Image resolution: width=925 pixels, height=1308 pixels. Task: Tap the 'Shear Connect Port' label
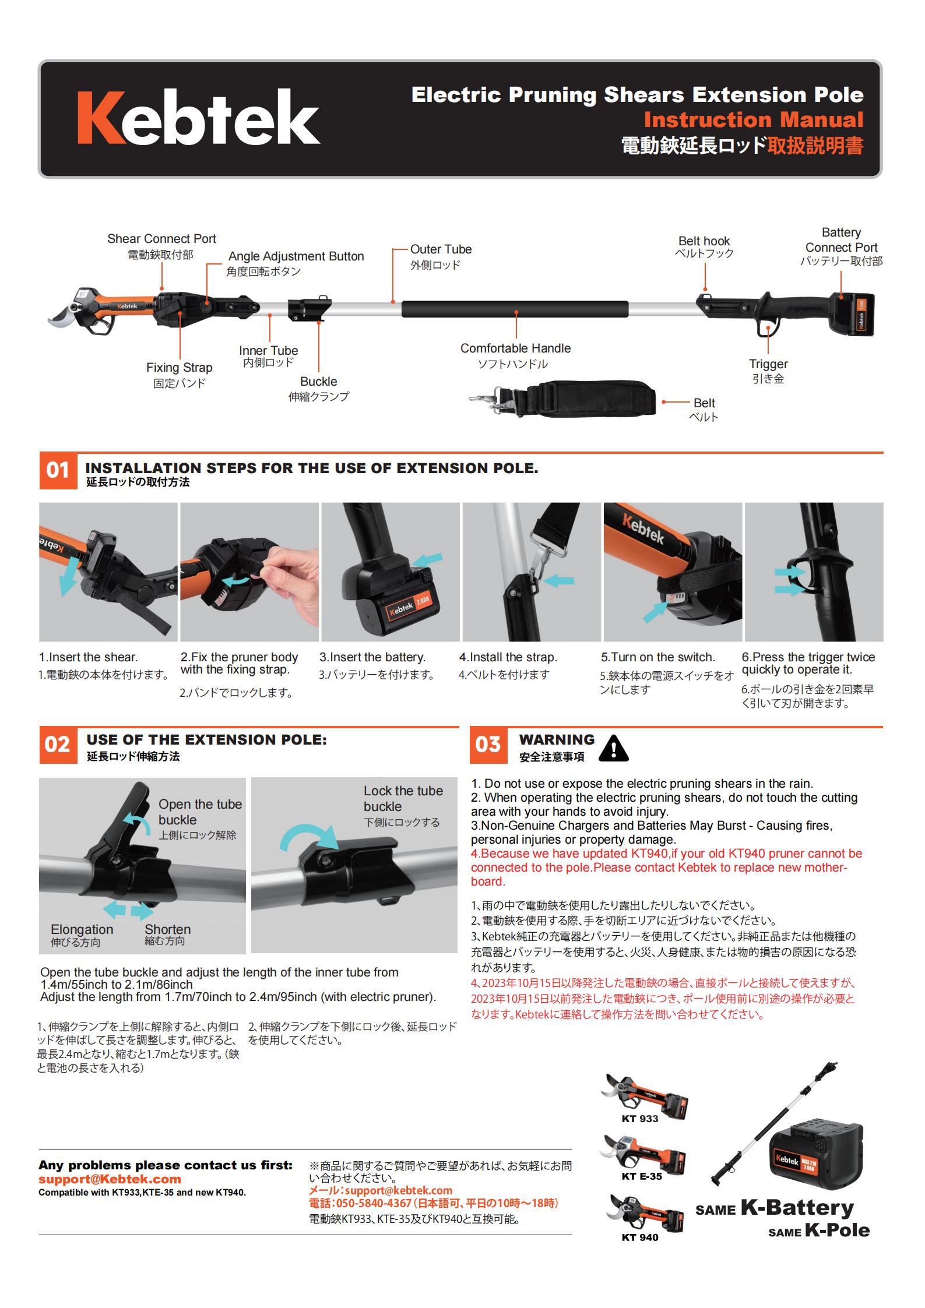pos(161,239)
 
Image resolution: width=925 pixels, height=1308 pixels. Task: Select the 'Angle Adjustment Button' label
pos(296,256)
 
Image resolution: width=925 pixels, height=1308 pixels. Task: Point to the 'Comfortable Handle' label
pos(515,348)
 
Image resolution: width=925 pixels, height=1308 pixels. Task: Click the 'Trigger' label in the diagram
pos(768,364)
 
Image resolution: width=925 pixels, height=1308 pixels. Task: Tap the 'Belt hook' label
pos(704,241)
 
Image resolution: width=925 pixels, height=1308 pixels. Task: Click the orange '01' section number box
pos(57,470)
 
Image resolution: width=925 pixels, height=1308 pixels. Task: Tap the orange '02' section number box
pos(57,745)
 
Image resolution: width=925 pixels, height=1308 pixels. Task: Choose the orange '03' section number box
pos(488,745)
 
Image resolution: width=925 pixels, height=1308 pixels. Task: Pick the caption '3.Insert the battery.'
pos(372,657)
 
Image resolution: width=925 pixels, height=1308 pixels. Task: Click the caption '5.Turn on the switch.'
pos(658,657)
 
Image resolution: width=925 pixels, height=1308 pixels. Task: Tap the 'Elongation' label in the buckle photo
pos(82,929)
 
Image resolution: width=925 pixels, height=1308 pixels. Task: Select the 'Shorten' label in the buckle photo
pos(168,929)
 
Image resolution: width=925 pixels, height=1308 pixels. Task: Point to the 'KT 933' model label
pos(640,1118)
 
